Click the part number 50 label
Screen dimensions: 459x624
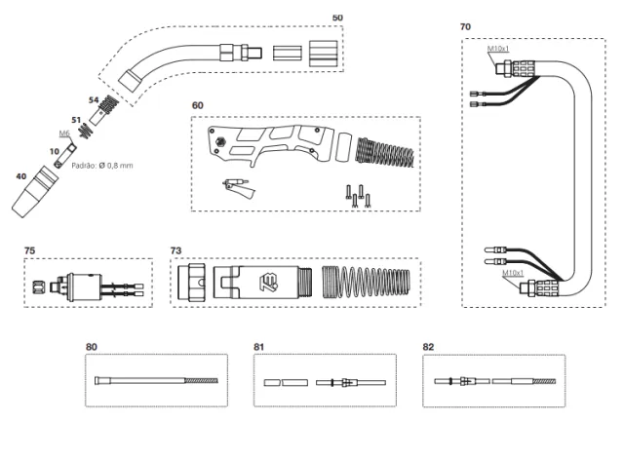point(337,18)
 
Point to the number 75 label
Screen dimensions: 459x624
point(31,250)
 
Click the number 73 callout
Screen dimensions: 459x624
point(176,250)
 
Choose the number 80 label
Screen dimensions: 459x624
point(92,346)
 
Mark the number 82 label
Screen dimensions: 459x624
point(430,346)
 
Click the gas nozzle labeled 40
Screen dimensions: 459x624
point(35,193)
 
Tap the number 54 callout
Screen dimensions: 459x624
point(95,99)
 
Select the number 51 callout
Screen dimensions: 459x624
point(76,120)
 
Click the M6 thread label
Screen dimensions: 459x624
point(64,133)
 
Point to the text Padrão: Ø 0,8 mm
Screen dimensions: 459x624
point(104,166)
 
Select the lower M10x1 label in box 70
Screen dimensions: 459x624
point(513,274)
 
